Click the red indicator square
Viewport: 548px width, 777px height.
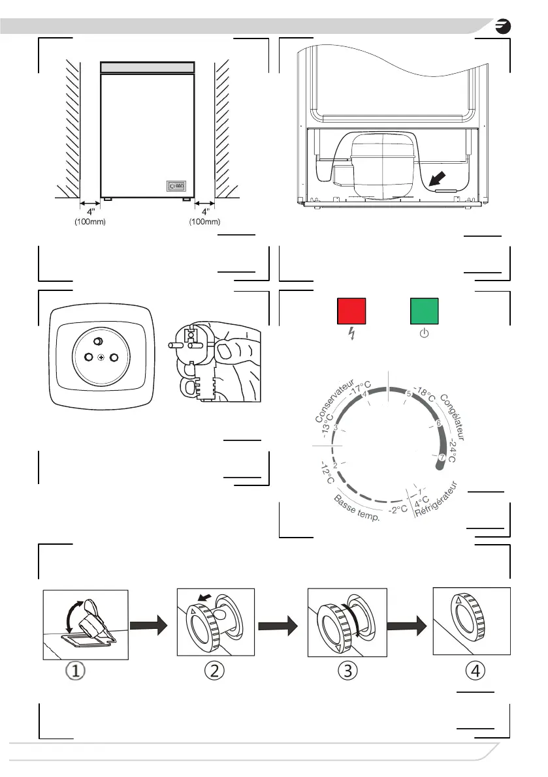click(351, 311)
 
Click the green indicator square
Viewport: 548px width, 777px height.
click(424, 311)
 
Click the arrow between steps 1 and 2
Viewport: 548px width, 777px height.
click(148, 626)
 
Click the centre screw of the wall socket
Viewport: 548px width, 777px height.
click(102, 358)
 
